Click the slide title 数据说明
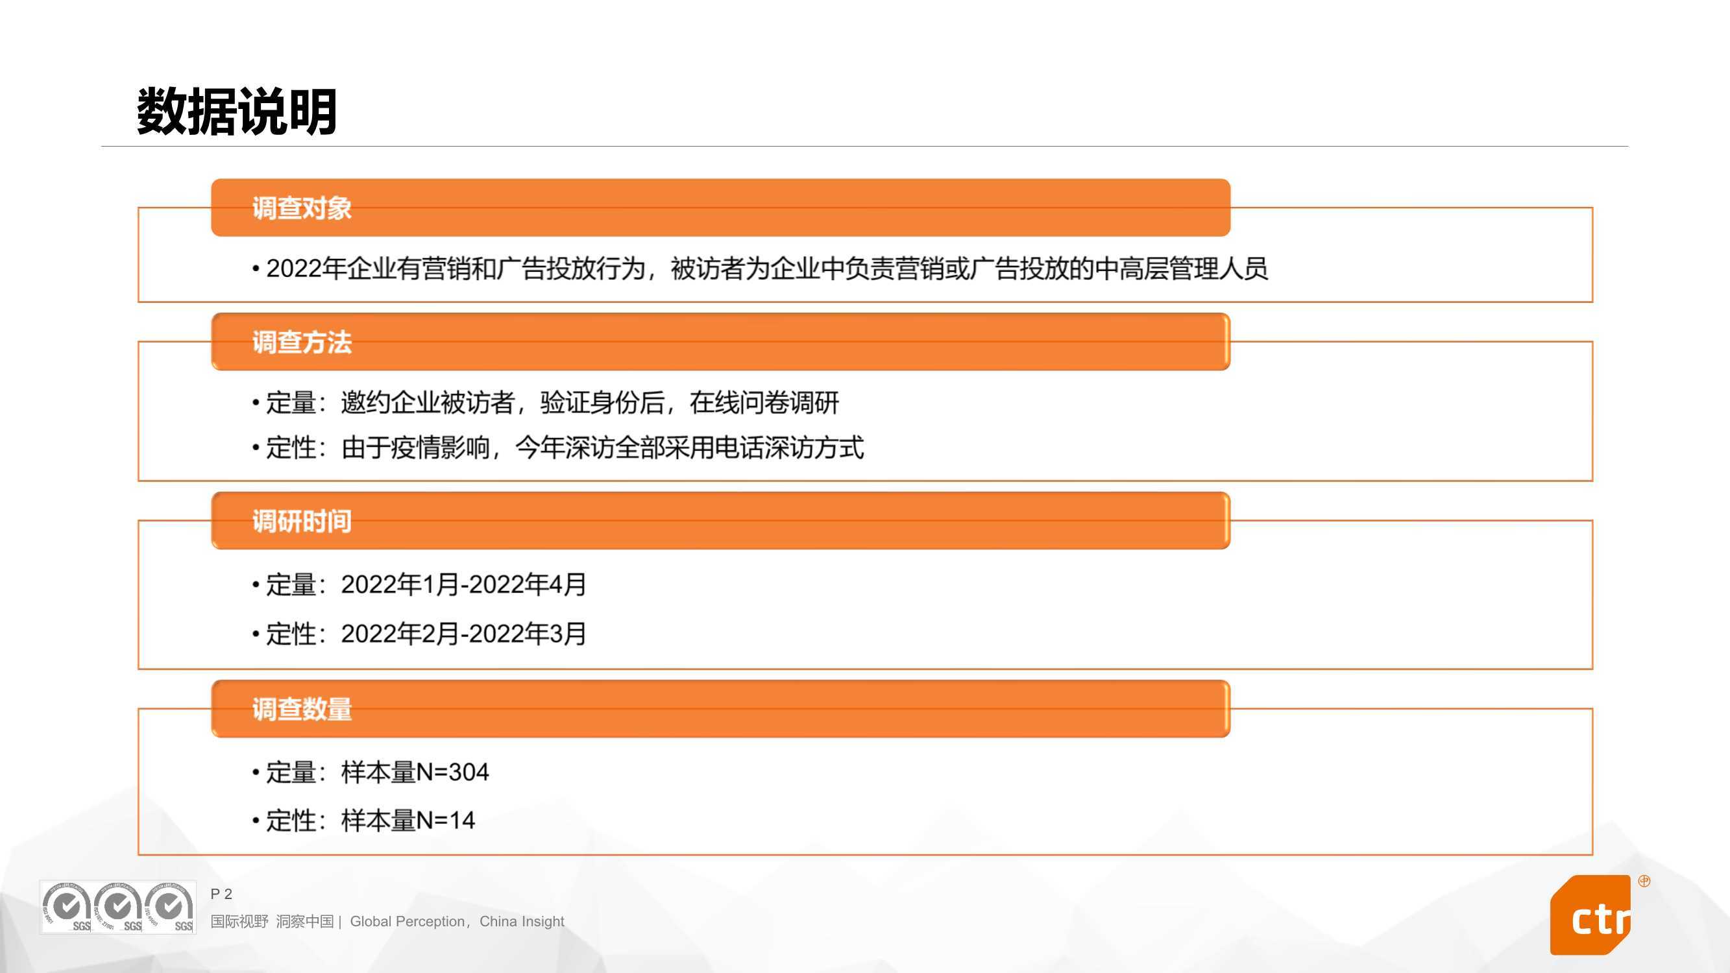pos(236,112)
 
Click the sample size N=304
pos(453,772)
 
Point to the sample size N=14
pos(445,820)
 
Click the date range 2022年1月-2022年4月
pos(463,584)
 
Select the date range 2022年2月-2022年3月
pos(463,633)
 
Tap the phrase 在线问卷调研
pos(764,403)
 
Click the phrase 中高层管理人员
pos(1180,269)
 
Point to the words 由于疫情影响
pos(416,447)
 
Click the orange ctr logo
pos(1590,915)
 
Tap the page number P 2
pos(221,894)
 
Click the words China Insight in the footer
pos(522,921)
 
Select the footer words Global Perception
pos(407,921)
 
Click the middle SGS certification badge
pos(118,907)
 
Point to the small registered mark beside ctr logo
pos(1644,881)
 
